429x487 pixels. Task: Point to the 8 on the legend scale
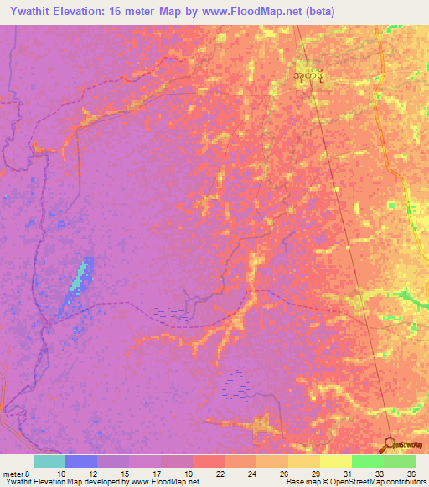(29, 474)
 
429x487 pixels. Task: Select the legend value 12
(92, 474)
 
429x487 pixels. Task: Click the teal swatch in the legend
(49, 461)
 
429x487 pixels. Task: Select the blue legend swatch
(81, 461)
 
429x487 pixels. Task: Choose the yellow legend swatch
(336, 461)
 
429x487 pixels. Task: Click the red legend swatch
(209, 461)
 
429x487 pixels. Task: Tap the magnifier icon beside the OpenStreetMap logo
(390, 444)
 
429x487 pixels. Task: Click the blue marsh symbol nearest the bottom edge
(235, 387)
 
